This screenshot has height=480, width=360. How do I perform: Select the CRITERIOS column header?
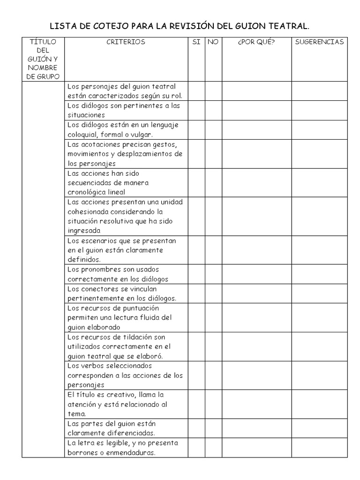click(x=126, y=42)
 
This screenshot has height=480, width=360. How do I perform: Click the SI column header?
click(x=196, y=42)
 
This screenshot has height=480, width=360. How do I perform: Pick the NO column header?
click(x=213, y=42)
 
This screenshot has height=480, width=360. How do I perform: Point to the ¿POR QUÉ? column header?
click(x=256, y=42)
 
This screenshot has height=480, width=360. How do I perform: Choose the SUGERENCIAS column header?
click(x=319, y=42)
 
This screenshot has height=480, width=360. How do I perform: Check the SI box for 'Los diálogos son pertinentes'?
click(x=196, y=110)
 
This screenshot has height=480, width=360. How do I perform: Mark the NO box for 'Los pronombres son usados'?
click(x=213, y=274)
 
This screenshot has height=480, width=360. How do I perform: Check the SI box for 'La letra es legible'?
click(x=196, y=448)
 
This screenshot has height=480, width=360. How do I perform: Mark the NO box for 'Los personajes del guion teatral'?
click(x=213, y=91)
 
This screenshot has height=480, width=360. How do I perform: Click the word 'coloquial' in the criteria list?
click(x=82, y=135)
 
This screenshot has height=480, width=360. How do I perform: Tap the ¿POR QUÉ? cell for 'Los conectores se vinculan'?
click(x=256, y=293)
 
